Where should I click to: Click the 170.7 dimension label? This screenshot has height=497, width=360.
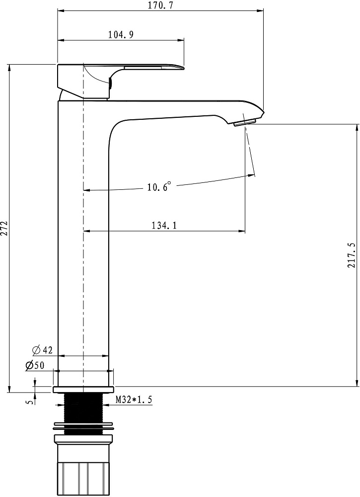click(161, 5)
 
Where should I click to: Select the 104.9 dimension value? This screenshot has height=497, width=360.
click(121, 34)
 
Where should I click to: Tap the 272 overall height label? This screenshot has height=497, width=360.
click(4, 228)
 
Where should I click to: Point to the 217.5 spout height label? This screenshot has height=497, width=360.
click(351, 255)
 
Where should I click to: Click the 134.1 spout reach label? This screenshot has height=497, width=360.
click(164, 225)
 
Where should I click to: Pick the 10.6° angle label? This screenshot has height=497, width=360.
click(158, 187)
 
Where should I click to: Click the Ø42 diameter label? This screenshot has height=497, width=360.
click(42, 350)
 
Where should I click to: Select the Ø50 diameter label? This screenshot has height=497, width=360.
click(35, 365)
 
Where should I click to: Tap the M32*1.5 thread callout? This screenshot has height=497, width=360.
click(134, 400)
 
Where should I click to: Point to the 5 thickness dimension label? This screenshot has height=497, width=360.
click(30, 402)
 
